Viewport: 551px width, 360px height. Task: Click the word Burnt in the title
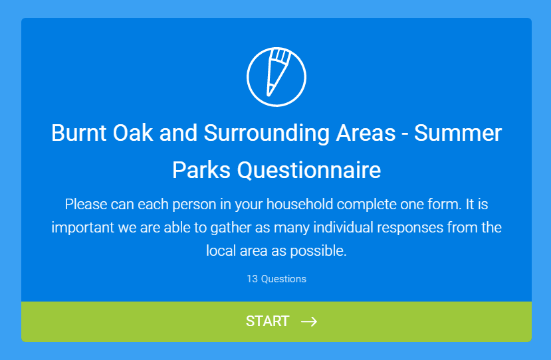click(x=78, y=133)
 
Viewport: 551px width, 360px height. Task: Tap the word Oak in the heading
click(x=133, y=133)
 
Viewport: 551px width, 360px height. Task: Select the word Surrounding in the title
click(x=267, y=134)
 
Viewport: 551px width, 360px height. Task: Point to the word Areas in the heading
click(x=366, y=133)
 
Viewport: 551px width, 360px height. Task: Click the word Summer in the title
click(x=458, y=133)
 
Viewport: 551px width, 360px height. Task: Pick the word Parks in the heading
click(x=201, y=170)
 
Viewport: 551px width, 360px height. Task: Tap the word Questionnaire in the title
click(x=309, y=170)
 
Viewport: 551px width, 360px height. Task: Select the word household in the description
click(x=300, y=204)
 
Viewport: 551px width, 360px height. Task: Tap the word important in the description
click(x=83, y=228)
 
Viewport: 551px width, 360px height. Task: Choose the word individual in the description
click(x=343, y=227)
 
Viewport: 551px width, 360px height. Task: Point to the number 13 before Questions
click(x=252, y=279)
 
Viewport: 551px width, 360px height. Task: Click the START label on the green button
click(x=267, y=321)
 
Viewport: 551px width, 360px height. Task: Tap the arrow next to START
click(x=309, y=321)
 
